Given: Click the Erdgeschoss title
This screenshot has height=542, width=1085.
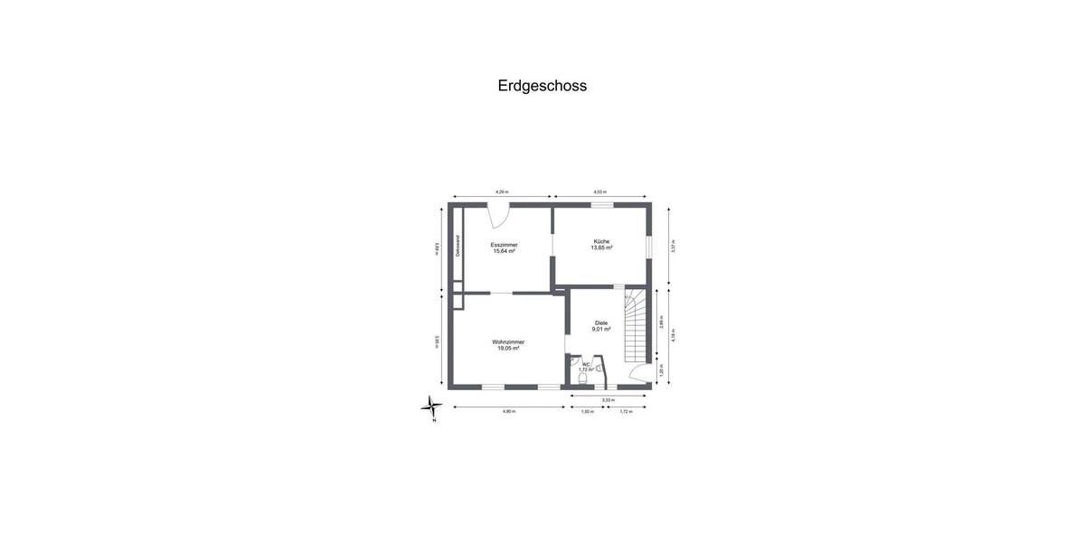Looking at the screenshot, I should tap(542, 86).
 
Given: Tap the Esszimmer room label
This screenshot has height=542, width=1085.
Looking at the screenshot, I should tap(504, 245).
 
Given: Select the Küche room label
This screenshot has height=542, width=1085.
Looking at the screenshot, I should tap(601, 241).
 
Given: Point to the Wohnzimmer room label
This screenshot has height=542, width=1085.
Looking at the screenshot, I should tap(508, 341).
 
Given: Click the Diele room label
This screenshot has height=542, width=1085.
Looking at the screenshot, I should tap(601, 322).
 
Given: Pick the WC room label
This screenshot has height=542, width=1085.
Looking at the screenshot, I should tap(585, 364).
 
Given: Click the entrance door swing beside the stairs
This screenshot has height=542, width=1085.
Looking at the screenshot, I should tap(639, 376).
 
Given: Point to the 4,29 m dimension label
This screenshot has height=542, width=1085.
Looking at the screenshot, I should tap(502, 192).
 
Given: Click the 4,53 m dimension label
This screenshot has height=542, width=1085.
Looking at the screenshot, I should tap(599, 192).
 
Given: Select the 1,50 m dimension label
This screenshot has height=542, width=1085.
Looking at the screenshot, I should tap(587, 412).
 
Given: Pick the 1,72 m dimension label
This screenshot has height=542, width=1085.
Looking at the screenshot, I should tap(626, 412).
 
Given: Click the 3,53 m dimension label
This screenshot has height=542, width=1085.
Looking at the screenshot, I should tap(609, 399).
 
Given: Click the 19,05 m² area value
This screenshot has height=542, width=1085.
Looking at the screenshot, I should tap(508, 348).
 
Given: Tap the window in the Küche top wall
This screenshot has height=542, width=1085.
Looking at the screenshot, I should tap(601, 205).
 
